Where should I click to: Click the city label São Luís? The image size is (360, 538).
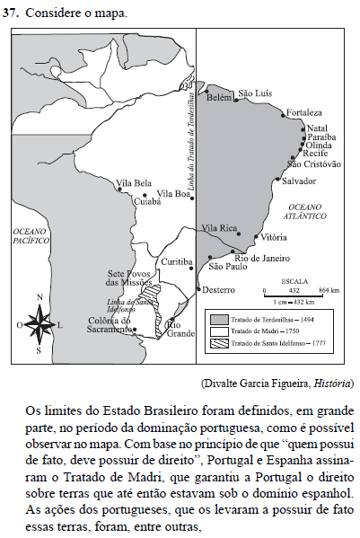[x=253, y=93]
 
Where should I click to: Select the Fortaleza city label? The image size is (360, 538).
[x=303, y=113]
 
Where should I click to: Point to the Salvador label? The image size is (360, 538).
[x=299, y=181]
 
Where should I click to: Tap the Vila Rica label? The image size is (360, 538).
[x=220, y=228]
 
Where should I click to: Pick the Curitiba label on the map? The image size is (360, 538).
[x=177, y=261]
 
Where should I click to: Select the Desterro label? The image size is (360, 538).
[x=219, y=290]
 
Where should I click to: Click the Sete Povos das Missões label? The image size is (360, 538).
[x=130, y=278]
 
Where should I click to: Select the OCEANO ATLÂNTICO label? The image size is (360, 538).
[x=312, y=212]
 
